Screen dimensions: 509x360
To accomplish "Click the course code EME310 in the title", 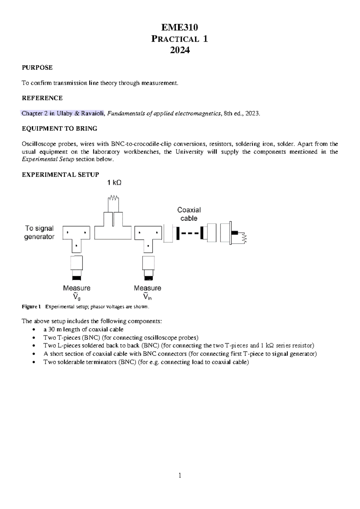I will point(179,28).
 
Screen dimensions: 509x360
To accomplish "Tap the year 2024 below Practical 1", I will point(180,50).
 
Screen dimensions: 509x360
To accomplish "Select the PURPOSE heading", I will point(37,68).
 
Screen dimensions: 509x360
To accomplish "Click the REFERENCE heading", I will point(42,98).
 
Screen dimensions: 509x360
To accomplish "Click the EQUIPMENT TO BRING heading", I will point(59,129).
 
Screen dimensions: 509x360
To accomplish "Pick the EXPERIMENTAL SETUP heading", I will point(60,175).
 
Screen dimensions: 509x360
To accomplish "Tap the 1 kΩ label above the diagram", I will point(114,183).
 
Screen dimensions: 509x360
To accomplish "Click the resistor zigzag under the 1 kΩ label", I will point(113,198).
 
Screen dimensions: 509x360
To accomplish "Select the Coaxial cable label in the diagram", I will point(189,214).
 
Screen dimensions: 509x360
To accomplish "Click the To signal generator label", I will point(39,233).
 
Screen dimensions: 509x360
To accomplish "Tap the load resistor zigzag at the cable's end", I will point(245,238).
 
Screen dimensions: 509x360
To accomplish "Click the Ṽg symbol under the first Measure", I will point(77,297).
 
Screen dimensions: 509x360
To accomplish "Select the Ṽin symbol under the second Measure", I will point(147,297).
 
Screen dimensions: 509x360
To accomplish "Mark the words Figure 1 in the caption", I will point(31,307).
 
